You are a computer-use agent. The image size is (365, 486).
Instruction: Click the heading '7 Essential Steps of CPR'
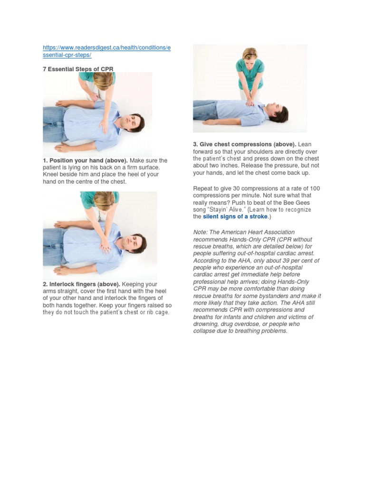(x=78, y=69)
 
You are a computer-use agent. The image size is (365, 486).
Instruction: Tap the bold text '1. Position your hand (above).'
(x=81, y=160)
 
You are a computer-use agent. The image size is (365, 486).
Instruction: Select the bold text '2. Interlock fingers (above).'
(x=80, y=284)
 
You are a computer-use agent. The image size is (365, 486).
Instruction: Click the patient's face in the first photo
(x=129, y=122)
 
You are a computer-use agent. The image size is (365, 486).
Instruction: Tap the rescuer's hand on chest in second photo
(x=105, y=245)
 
